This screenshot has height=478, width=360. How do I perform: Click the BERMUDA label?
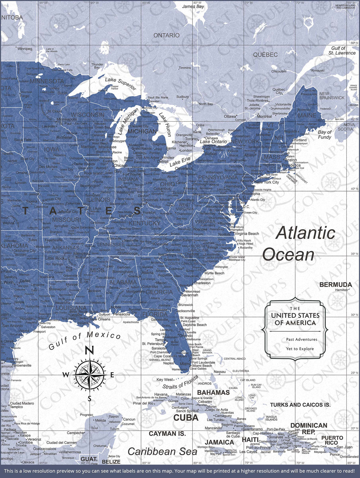[335, 284]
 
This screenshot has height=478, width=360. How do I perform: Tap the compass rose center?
[90, 374]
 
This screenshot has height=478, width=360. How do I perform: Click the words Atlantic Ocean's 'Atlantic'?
[305, 233]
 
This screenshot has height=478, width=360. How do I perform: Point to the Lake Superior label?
[121, 84]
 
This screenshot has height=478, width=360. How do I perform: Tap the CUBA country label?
[186, 417]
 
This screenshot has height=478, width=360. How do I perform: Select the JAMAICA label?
[219, 442]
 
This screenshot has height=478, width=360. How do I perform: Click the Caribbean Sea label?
[162, 451]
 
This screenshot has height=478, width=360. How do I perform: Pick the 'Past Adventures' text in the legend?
[301, 339]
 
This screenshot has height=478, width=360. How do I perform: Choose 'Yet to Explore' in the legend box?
[300, 349]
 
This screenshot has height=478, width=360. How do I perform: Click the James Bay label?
[193, 6]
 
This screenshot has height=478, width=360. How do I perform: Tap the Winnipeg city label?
[25, 49]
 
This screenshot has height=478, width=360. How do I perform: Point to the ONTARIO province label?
[166, 35]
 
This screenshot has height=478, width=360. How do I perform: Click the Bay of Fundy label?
[325, 134]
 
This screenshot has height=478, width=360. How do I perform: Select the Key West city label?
[165, 380]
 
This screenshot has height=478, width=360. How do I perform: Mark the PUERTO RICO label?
[332, 440]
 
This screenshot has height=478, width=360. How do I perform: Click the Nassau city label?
[220, 371]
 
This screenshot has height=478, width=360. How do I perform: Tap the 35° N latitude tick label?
[355, 254]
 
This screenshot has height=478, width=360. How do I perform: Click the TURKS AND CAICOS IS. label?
[300, 405]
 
